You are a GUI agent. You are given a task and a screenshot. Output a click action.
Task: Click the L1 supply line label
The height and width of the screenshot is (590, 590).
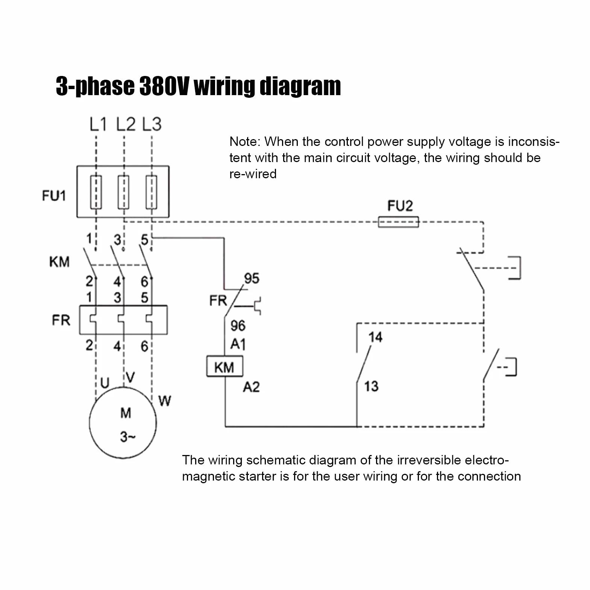click(98, 124)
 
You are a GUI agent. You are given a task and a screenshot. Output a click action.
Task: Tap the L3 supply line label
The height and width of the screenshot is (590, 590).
click(152, 124)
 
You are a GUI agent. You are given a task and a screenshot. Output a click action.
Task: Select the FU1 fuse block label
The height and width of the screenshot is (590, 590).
click(54, 196)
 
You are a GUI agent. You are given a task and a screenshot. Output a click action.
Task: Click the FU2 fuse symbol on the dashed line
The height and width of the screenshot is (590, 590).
click(398, 222)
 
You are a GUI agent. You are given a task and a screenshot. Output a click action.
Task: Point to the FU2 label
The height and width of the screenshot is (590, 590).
click(400, 206)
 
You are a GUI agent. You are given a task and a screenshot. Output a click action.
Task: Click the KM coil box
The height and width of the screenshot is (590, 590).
click(224, 366)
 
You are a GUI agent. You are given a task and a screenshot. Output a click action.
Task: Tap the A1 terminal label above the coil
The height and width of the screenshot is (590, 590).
click(238, 344)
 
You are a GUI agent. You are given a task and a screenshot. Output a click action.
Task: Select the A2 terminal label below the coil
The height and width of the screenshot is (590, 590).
click(251, 387)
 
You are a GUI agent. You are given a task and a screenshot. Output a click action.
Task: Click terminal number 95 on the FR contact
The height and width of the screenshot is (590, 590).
click(252, 278)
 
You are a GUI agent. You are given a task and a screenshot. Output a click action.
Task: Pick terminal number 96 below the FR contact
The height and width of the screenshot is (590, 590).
click(238, 325)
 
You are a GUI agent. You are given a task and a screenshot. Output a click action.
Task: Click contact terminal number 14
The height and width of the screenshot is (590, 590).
click(375, 337)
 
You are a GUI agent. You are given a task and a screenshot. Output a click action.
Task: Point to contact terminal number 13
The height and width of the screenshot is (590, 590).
click(371, 386)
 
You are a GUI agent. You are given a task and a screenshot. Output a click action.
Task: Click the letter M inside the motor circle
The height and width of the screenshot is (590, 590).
click(126, 413)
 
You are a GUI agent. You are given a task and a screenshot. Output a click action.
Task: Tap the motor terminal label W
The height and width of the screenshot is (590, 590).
click(165, 401)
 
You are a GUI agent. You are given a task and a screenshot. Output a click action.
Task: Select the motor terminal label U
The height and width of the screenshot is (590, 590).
click(105, 383)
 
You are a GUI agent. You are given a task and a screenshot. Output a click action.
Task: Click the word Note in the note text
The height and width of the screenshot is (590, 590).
click(245, 142)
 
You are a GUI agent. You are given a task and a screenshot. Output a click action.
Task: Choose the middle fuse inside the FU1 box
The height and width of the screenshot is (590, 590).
click(123, 192)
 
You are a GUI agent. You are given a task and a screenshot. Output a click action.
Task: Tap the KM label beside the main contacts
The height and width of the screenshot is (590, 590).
click(59, 262)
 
